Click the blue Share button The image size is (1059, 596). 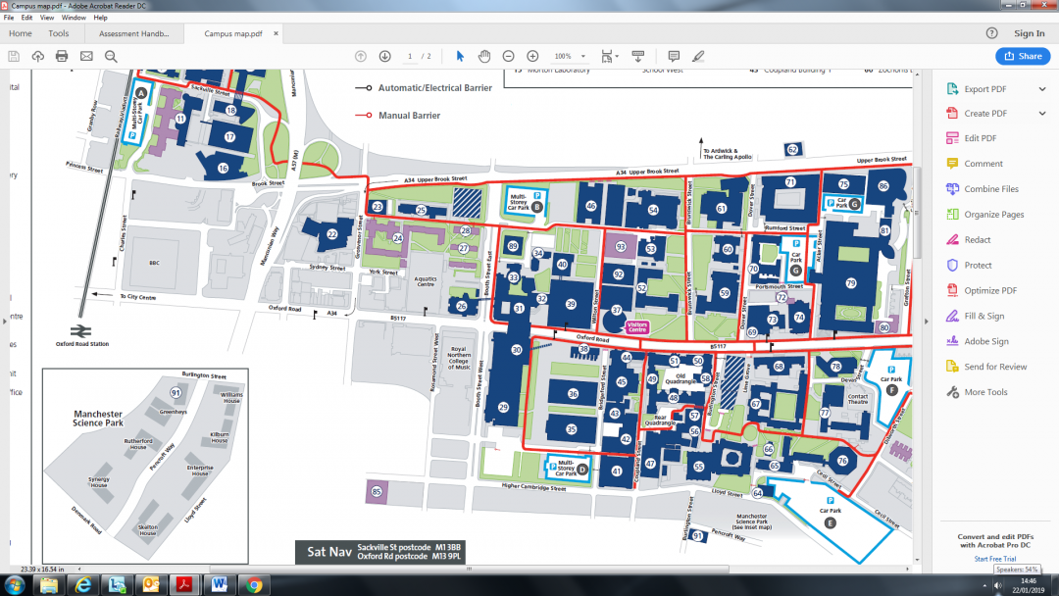tap(1023, 56)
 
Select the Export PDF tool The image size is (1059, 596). tap(990, 89)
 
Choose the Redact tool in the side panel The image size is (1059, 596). tap(978, 240)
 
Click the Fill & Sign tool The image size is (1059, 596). tap(983, 317)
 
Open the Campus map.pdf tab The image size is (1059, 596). tap(232, 33)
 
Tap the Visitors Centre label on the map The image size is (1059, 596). tap(637, 327)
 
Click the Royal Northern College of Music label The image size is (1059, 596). tap(458, 357)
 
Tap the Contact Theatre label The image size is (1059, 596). tap(858, 398)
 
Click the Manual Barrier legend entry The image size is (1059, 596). tap(409, 116)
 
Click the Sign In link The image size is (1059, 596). tap(1029, 33)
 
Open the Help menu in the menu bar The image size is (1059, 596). tap(100, 18)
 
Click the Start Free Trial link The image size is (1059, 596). tap(994, 559)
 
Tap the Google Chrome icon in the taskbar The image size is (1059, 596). tap(254, 585)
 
